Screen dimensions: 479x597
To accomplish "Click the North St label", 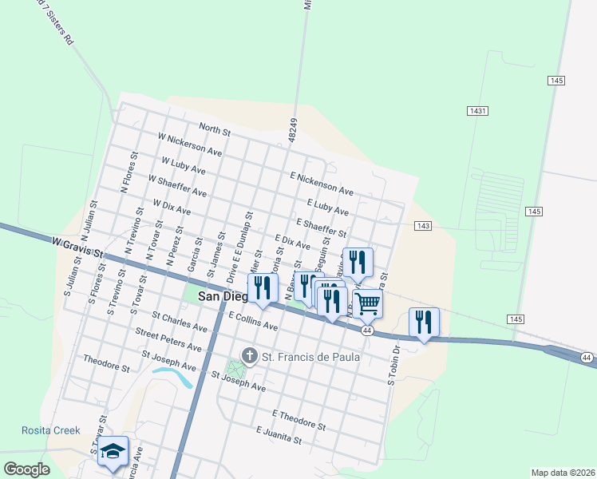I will coord(215,129).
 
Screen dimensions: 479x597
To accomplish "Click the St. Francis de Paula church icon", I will coord(250,355).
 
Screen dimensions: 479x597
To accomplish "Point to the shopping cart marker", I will coord(367,303).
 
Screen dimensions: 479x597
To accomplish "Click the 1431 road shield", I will coord(478,111).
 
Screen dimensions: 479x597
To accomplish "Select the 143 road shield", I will coord(423,227).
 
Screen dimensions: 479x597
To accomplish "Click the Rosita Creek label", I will coord(51,430).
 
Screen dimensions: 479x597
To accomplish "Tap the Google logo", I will coord(26,469).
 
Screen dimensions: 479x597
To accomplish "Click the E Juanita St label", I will coord(279,434).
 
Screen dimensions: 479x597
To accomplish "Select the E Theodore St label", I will coord(299,420).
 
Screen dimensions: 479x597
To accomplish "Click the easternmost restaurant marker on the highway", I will coord(423,322).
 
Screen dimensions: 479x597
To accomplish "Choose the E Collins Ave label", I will coord(252,321).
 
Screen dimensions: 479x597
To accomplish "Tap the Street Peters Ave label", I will coord(168,339).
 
